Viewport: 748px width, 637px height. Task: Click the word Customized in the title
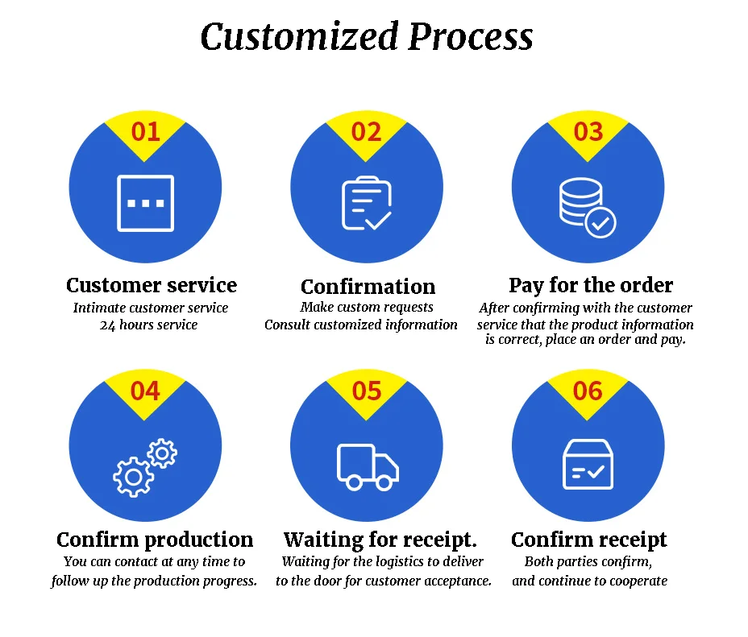pyautogui.click(x=299, y=37)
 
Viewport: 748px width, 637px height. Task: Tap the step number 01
pyautogui.click(x=145, y=130)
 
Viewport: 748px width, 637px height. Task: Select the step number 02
pyautogui.click(x=366, y=130)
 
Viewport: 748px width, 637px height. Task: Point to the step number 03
pyautogui.click(x=588, y=130)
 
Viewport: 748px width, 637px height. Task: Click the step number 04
pyautogui.click(x=145, y=391)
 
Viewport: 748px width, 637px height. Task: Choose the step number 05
pyautogui.click(x=366, y=391)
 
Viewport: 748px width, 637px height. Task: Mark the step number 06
pyautogui.click(x=588, y=391)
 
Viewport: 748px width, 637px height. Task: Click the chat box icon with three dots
pyautogui.click(x=146, y=203)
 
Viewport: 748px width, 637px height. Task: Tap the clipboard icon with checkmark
pyautogui.click(x=367, y=203)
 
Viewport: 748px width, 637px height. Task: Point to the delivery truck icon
pyautogui.click(x=368, y=467)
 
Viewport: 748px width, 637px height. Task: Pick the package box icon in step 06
pyautogui.click(x=588, y=465)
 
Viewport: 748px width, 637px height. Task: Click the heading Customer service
pyautogui.click(x=152, y=285)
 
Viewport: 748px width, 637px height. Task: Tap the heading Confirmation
pyautogui.click(x=368, y=287)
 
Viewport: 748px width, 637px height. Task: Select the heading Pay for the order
pyautogui.click(x=591, y=285)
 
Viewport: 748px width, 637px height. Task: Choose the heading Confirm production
pyautogui.click(x=155, y=540)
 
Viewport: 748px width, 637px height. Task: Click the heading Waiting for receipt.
pyautogui.click(x=380, y=540)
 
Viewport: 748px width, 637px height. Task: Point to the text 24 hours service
pyautogui.click(x=148, y=325)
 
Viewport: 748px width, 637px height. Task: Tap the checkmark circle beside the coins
pyautogui.click(x=600, y=222)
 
